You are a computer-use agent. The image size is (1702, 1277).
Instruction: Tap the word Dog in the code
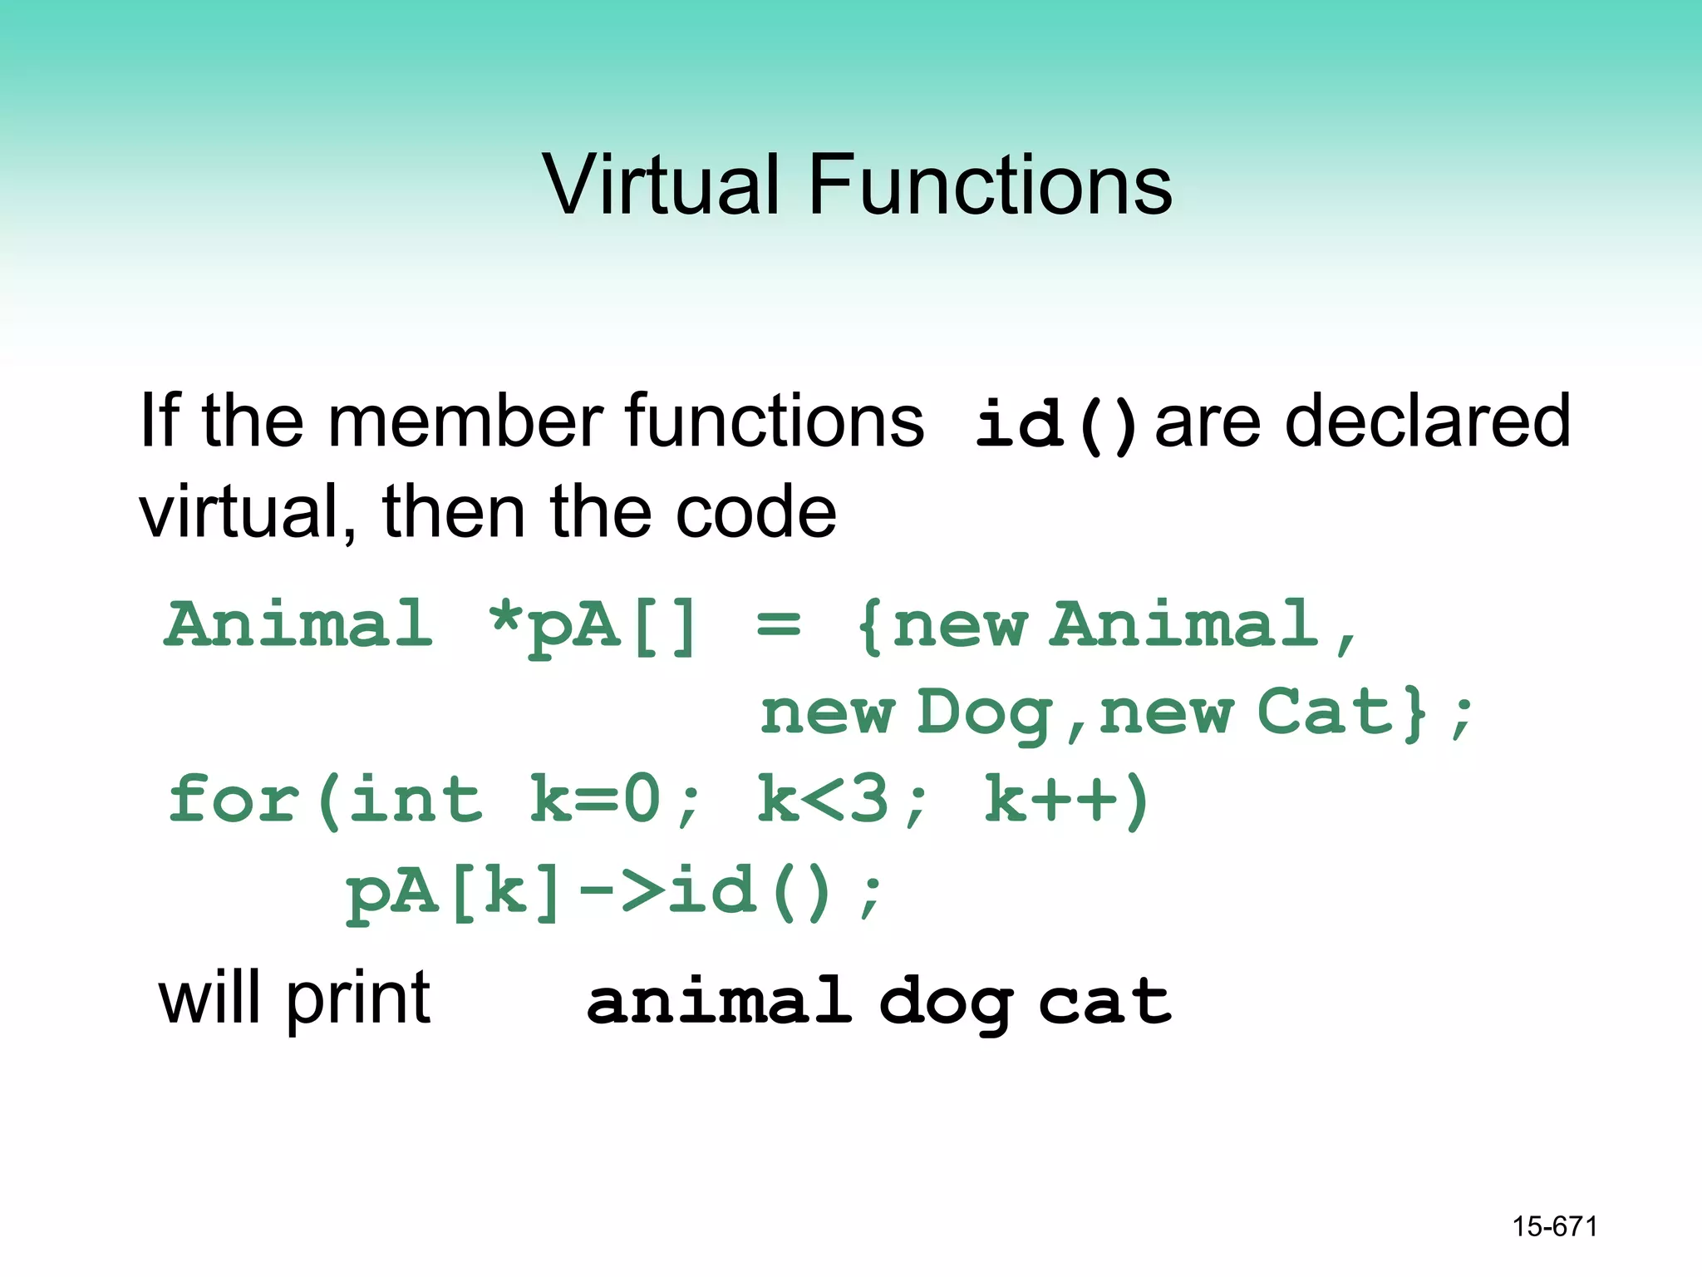pos(986,713)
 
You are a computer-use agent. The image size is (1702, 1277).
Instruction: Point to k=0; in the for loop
pos(615,800)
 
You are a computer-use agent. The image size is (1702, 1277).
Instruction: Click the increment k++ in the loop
pos(1051,800)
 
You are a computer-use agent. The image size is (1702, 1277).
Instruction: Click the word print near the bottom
pos(358,1000)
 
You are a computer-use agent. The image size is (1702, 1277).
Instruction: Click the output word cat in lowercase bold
pos(1105,1002)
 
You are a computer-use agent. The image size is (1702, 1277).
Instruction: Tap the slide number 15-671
pos(1555,1226)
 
